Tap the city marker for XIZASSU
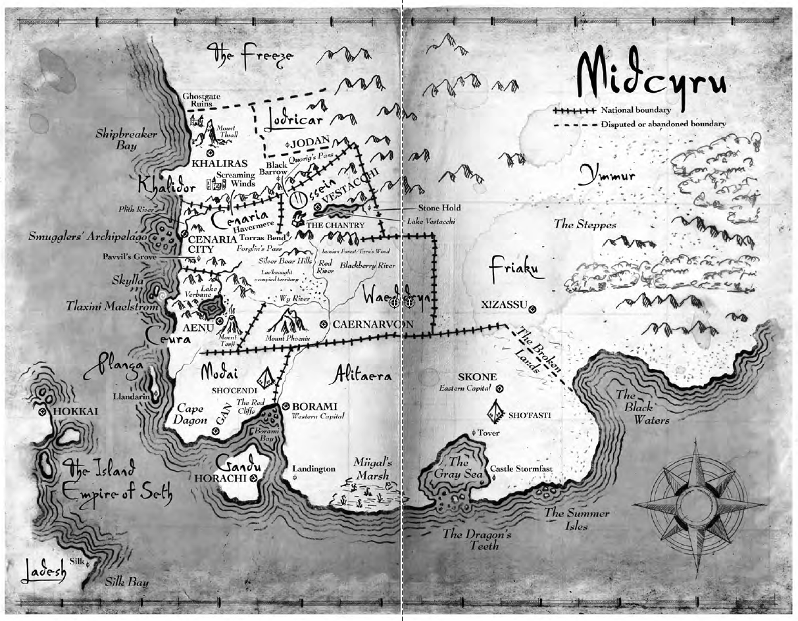point(532,309)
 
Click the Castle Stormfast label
point(521,468)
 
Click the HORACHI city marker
point(253,478)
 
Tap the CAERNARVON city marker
point(323,324)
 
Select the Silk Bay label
point(126,582)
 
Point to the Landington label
point(314,469)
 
